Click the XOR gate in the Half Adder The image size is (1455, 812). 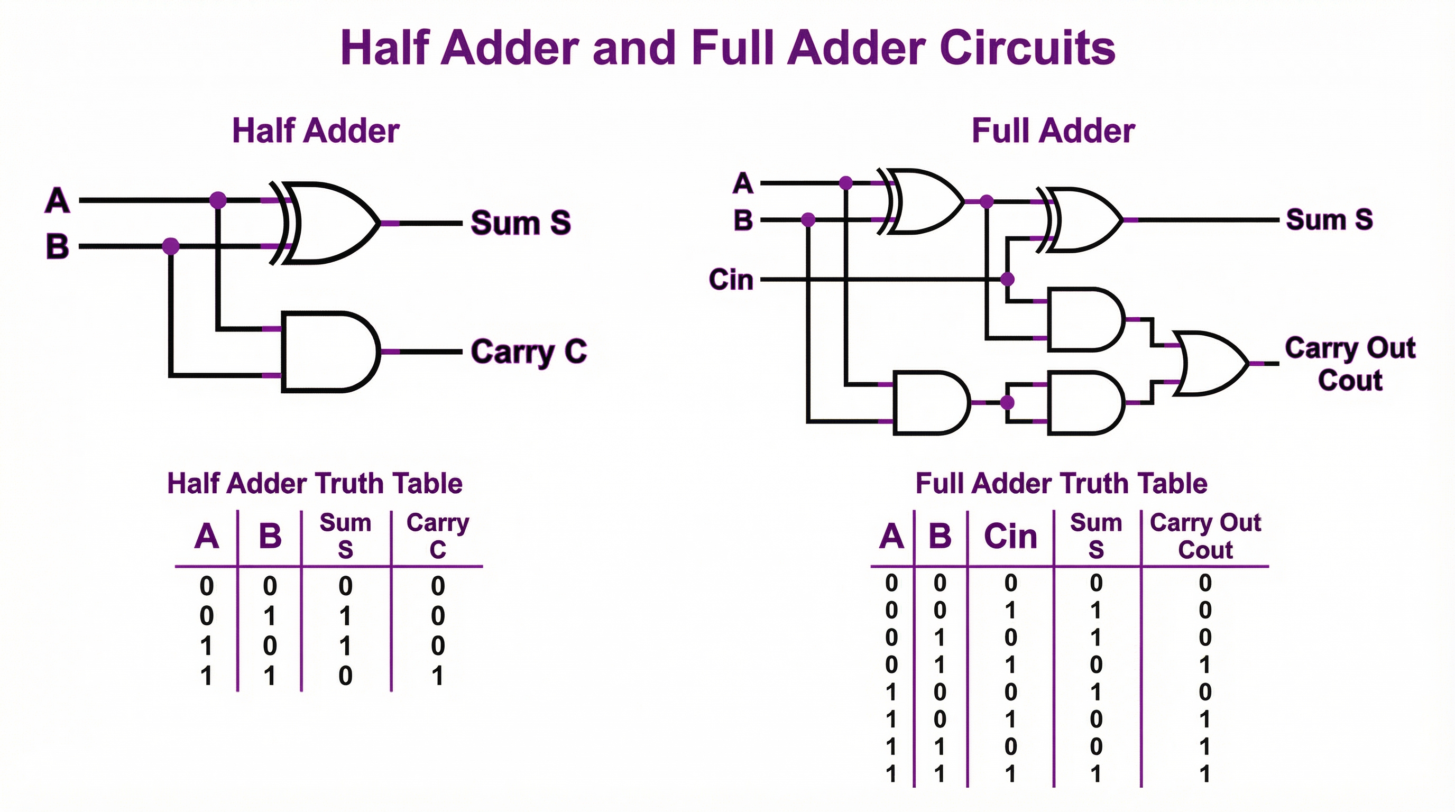click(x=328, y=223)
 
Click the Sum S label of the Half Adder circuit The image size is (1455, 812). click(x=520, y=223)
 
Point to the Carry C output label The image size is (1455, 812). click(x=529, y=351)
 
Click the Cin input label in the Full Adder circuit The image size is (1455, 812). click(x=731, y=280)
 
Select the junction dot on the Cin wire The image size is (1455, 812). click(x=1007, y=279)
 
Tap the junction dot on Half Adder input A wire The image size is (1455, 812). click(x=218, y=200)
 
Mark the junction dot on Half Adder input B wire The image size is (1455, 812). click(x=171, y=246)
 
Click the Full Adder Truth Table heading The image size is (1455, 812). click(x=1061, y=483)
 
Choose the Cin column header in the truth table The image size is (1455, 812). click(x=1010, y=536)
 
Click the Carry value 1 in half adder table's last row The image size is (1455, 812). click(x=438, y=676)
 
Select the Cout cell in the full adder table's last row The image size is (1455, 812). click(x=1205, y=773)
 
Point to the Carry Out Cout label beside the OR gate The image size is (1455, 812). click(x=1350, y=364)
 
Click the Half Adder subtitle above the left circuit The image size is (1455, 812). click(x=316, y=131)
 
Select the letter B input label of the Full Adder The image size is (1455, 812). click(x=743, y=220)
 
